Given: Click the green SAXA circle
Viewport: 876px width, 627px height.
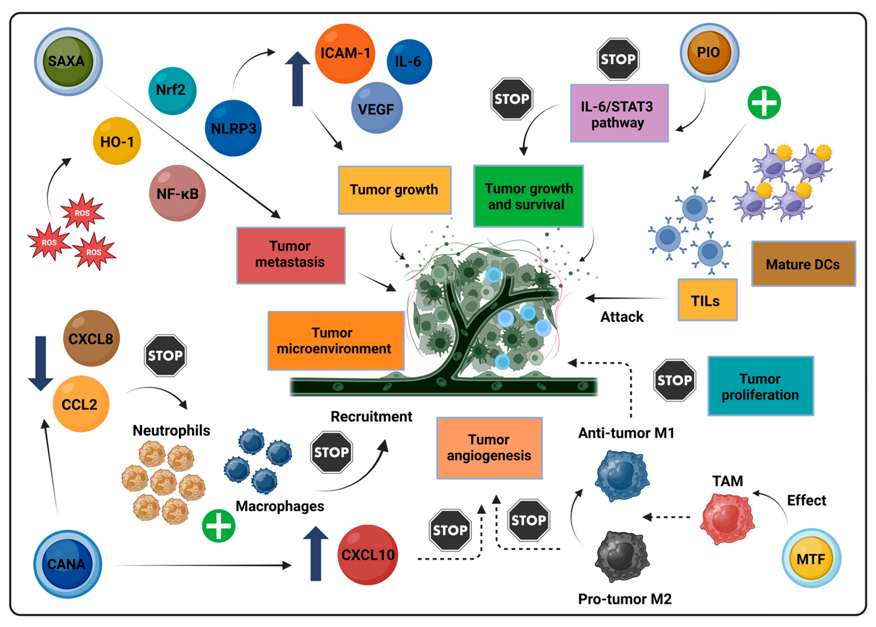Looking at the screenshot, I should pos(68,61).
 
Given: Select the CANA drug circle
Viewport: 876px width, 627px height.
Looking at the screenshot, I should pos(67,564).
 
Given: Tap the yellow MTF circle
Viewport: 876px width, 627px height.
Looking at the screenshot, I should pos(811,559).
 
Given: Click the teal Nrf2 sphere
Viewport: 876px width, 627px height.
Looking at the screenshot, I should pos(172,90).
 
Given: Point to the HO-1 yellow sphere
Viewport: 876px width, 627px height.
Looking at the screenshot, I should pos(117,141).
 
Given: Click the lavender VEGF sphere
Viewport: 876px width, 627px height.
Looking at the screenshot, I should pos(377,108).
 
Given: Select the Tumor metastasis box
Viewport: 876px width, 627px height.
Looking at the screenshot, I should pos(290,255).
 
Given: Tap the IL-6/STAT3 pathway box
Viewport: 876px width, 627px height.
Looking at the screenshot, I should pos(619,113).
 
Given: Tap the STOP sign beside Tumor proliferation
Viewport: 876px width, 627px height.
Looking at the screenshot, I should pos(674,380).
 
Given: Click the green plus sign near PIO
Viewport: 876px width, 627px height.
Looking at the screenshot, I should pos(764,102).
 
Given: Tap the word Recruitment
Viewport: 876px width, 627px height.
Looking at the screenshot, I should pos(371,416).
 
